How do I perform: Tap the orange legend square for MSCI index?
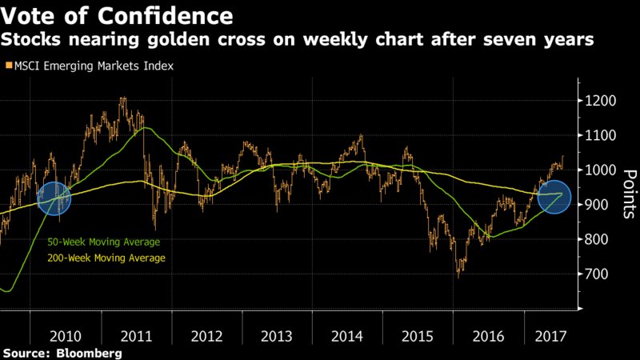[9, 66]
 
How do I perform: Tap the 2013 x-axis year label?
[277, 336]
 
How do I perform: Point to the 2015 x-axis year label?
[418, 336]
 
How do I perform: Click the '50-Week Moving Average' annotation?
[101, 242]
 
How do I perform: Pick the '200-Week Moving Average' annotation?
[103, 258]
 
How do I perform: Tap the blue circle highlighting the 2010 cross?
[55, 198]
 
